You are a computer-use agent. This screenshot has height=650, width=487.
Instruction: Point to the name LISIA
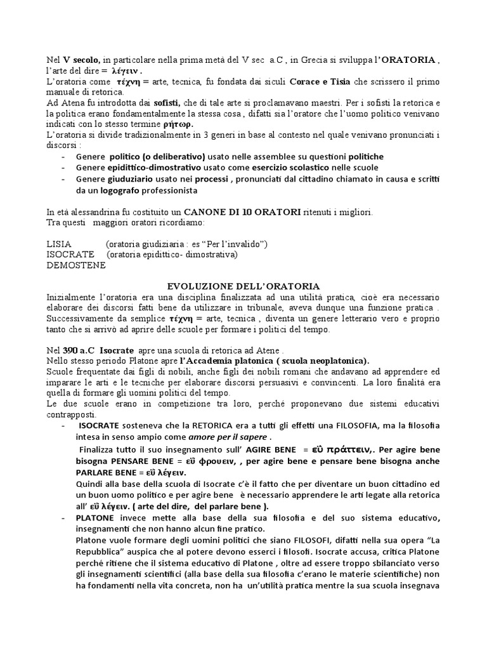click(60, 244)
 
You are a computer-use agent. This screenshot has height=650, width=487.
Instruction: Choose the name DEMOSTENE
click(74, 265)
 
